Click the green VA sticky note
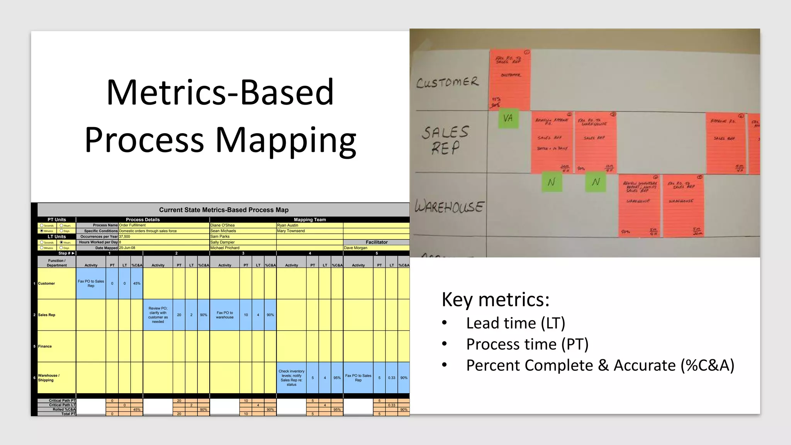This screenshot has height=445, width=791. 508,118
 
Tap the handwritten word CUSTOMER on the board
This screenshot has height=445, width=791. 447,82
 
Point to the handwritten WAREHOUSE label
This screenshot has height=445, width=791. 449,207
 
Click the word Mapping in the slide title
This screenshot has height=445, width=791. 285,140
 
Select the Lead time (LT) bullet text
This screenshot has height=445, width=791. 515,323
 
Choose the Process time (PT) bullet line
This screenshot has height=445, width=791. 527,344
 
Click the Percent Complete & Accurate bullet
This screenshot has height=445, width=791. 600,365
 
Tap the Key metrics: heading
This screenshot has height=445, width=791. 495,299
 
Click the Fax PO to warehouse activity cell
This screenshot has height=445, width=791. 225,315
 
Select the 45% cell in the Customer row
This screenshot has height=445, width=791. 137,284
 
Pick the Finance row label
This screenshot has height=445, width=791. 45,346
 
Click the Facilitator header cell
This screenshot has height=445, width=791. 377,242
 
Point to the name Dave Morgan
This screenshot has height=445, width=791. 355,248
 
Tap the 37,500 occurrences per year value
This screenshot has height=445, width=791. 124,236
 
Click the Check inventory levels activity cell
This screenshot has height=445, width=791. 292,378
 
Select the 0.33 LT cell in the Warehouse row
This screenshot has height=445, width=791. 392,378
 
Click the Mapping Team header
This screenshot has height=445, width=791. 310,220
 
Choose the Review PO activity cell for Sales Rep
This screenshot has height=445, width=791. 158,315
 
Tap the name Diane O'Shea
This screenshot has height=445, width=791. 222,225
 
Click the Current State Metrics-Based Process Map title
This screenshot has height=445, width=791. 224,210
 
